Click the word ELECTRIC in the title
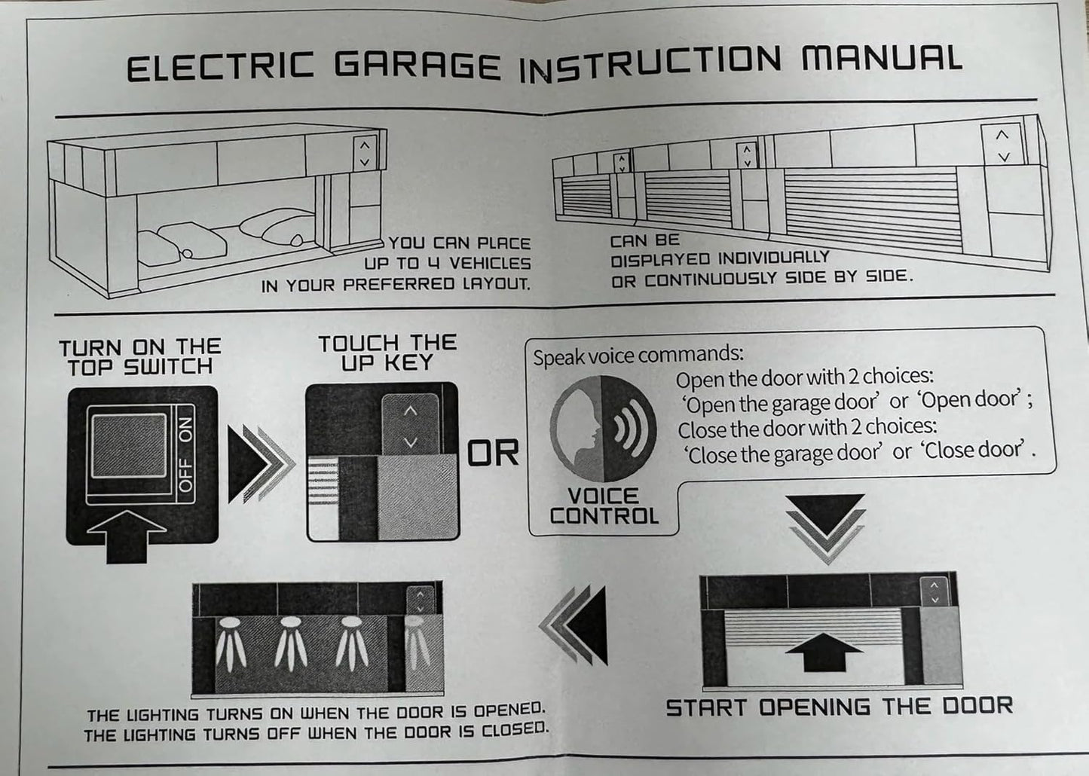pyautogui.click(x=219, y=68)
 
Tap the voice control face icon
pyautogui.click(x=602, y=428)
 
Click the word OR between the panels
pyautogui.click(x=494, y=454)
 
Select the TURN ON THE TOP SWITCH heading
pyautogui.click(x=140, y=357)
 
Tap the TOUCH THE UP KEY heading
pyautogui.click(x=387, y=353)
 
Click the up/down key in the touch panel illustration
pyautogui.click(x=410, y=426)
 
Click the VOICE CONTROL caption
pyautogui.click(x=604, y=506)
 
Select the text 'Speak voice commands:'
pyautogui.click(x=638, y=355)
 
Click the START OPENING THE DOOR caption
pyautogui.click(x=839, y=707)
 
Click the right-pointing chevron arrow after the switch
pyautogui.click(x=260, y=465)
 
